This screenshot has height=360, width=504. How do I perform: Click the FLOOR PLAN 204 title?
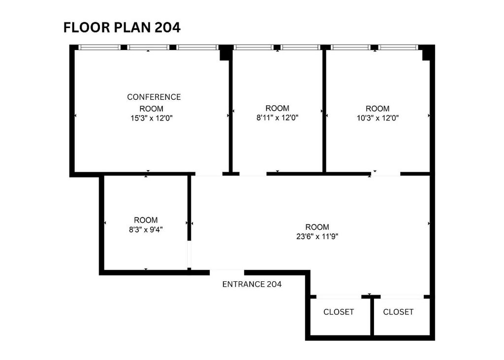point(122,28)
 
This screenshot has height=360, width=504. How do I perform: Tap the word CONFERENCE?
point(154,97)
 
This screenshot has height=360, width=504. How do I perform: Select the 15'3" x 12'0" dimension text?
point(152,118)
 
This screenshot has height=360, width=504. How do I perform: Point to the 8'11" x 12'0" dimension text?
point(278,118)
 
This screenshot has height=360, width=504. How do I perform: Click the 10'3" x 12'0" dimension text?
point(378,118)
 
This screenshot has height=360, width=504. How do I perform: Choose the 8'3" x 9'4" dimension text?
point(146,230)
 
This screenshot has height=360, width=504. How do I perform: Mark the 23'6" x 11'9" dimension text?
point(317,237)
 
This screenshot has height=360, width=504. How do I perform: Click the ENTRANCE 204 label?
point(252,284)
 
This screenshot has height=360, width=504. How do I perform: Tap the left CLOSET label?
point(339,312)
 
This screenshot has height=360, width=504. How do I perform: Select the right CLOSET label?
point(398,312)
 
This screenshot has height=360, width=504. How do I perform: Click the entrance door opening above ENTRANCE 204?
point(227,272)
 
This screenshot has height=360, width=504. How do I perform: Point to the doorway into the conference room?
point(209,174)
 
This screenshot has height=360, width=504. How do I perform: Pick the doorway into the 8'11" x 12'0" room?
point(253,174)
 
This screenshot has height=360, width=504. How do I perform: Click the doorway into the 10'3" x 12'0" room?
point(386,174)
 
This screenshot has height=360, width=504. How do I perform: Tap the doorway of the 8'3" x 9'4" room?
point(189,254)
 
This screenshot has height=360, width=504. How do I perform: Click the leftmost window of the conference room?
point(99,47)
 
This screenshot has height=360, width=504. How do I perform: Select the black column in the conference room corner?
point(225,53)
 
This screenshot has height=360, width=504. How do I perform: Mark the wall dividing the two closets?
point(372,317)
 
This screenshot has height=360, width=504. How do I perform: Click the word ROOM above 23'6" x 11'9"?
point(317,227)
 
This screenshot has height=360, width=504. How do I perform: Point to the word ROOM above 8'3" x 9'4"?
point(146,220)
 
